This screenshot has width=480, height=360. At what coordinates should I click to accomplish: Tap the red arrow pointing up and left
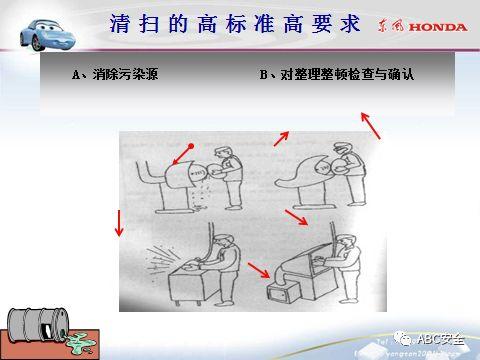(371, 125)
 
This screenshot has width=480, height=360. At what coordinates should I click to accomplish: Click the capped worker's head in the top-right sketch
(346, 147)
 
